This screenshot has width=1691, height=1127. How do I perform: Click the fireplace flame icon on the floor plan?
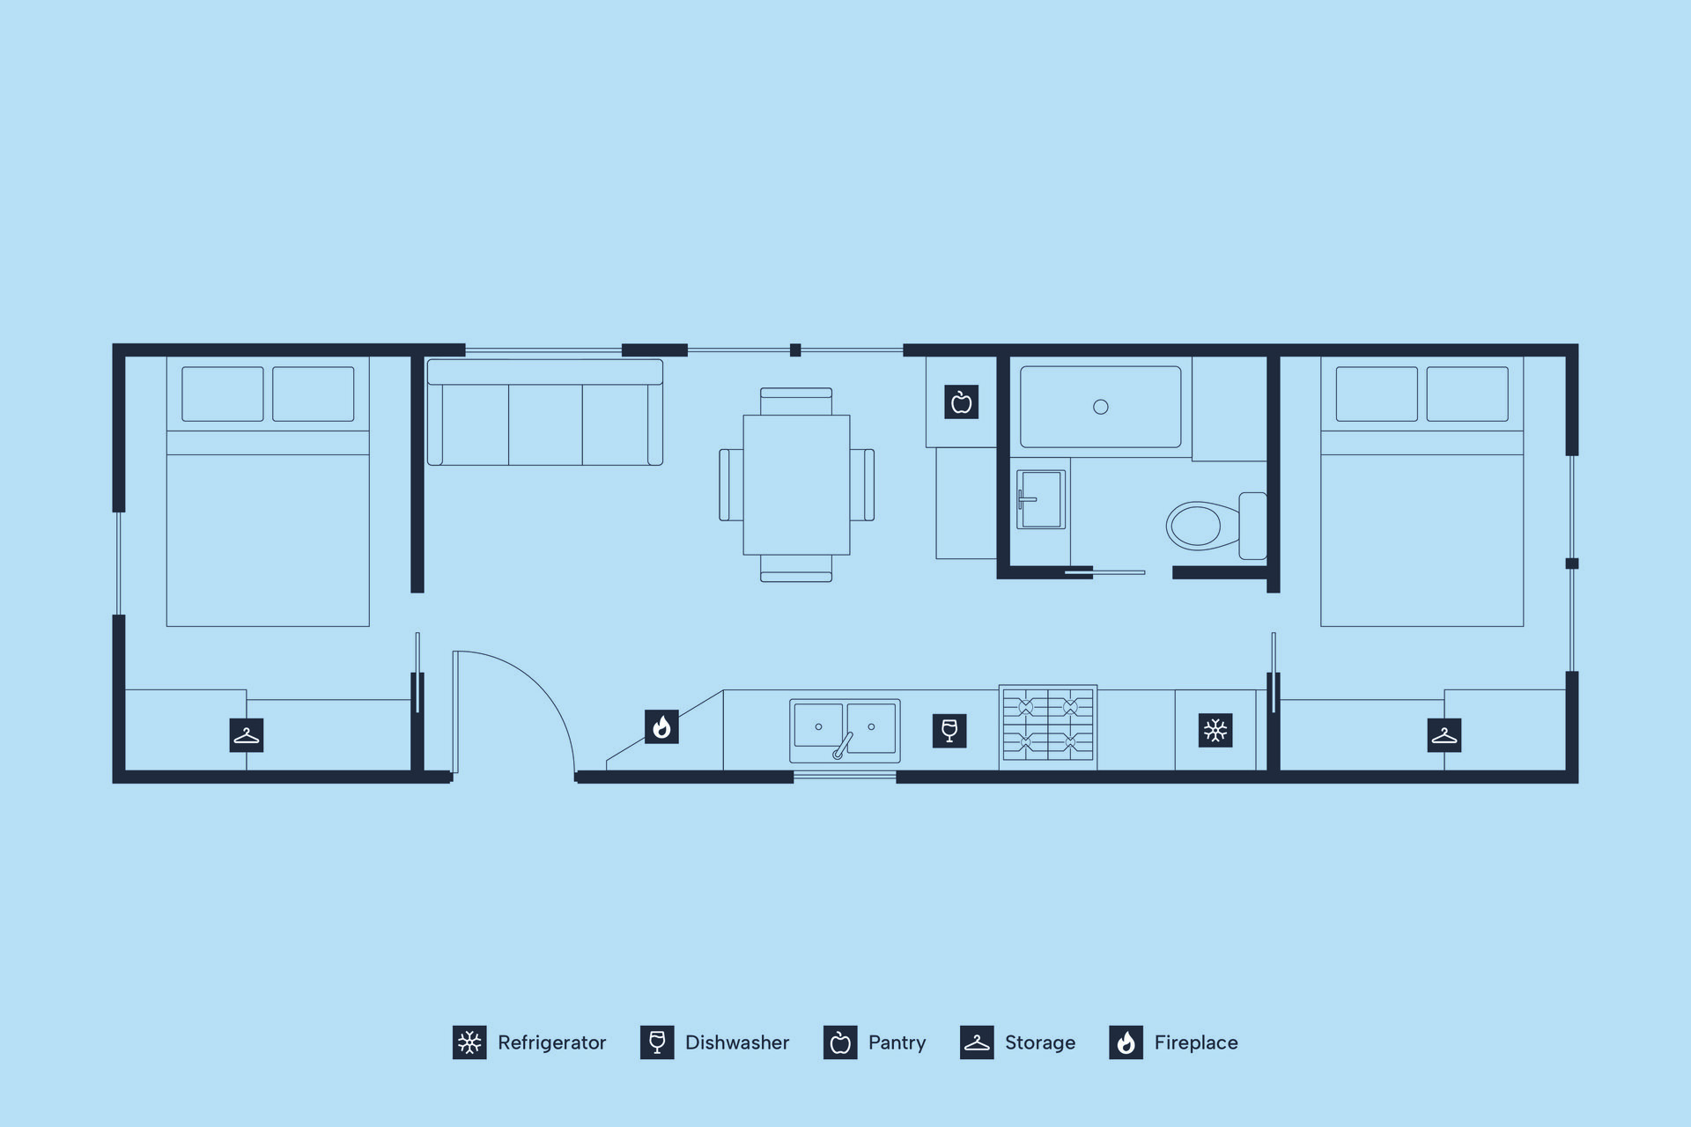(661, 727)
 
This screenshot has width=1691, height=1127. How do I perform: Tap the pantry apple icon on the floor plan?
(962, 401)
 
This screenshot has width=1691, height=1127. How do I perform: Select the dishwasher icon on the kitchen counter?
(949, 731)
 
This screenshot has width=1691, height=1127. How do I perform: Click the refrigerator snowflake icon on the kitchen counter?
(1215, 731)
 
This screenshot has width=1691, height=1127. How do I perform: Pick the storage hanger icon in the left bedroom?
(247, 735)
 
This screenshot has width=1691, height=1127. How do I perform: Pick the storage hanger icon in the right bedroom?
(1444, 735)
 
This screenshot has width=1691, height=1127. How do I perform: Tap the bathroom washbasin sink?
(1041, 499)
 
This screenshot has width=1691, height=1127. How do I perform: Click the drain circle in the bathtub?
(1101, 407)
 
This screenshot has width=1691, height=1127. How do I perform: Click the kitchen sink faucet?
(843, 745)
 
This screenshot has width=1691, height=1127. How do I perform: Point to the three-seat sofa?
(545, 412)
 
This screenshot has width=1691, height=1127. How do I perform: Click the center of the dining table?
(796, 485)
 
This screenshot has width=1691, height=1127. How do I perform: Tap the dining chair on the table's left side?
(731, 485)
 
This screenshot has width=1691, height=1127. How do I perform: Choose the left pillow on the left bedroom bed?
(223, 394)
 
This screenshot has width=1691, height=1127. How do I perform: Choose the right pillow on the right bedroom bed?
(1467, 394)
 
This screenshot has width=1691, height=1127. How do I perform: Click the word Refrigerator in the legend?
(552, 1043)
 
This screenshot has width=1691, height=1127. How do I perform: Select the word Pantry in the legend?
(897, 1043)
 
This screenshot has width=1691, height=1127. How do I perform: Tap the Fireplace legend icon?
(1126, 1042)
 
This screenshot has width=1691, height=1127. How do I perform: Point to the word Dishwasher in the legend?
(737, 1042)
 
